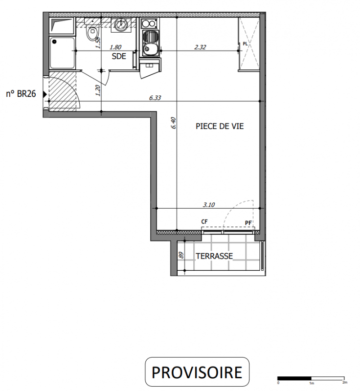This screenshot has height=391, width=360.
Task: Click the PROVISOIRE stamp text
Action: pyautogui.click(x=197, y=372)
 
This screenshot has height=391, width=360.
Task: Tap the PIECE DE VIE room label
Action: pyautogui.click(x=220, y=126)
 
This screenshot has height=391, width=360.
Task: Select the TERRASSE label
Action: pyautogui.click(x=214, y=256)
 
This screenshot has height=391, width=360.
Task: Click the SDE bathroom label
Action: pyautogui.click(x=119, y=56)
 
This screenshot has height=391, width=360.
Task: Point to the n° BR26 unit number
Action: pyautogui.click(x=21, y=94)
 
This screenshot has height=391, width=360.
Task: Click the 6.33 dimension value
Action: pyautogui.click(x=155, y=98)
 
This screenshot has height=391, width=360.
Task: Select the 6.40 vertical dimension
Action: pyautogui.click(x=174, y=123)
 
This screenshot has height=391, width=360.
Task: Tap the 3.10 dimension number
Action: pyautogui.click(x=209, y=205)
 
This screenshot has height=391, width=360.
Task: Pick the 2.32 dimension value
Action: pyautogui.click(x=200, y=47)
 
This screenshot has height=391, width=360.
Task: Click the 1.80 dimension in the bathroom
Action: pyautogui.click(x=115, y=47)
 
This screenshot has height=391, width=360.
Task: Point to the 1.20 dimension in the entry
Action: pyautogui.click(x=98, y=90)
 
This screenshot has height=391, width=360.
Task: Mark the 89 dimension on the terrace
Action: pyautogui.click(x=181, y=255)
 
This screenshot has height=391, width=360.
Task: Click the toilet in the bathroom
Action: pyautogui.click(x=92, y=32)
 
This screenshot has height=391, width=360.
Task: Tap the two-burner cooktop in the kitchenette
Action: pyautogui.click(x=149, y=24)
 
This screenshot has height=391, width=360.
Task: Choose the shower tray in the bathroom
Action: pyautogui.click(x=62, y=53)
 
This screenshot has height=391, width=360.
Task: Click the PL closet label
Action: pyautogui.click(x=245, y=44)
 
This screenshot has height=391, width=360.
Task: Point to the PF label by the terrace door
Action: pyautogui.click(x=248, y=223)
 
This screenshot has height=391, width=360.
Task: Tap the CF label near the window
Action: pyautogui.click(x=204, y=221)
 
